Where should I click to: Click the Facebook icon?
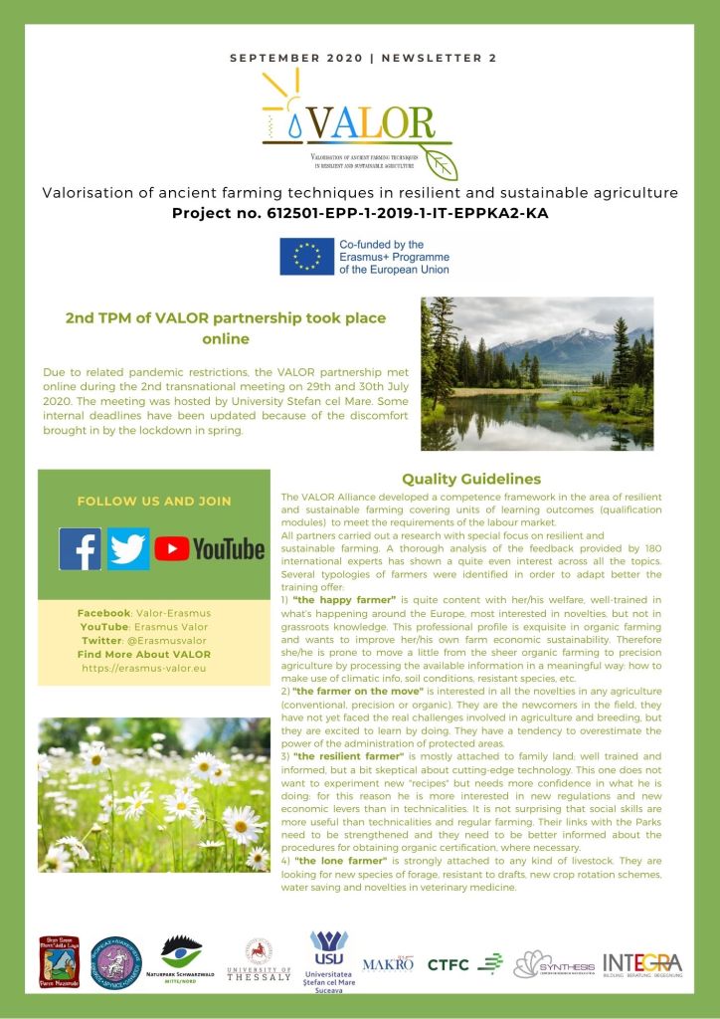coord(80,548)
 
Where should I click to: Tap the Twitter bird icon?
coord(128,548)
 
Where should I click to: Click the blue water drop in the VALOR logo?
coord(296,126)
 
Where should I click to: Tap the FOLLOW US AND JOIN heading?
coord(154,502)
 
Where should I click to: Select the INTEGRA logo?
coord(642,963)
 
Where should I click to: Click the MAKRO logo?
coord(388,963)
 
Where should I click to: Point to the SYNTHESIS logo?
coord(554,963)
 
